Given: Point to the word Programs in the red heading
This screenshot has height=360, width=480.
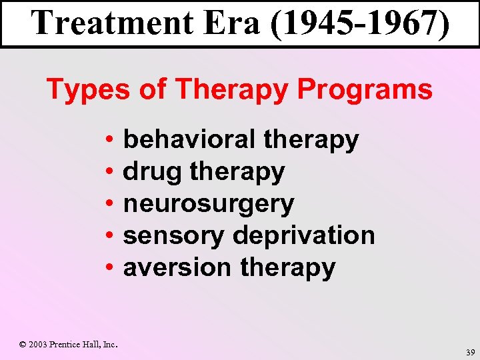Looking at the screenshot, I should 365,89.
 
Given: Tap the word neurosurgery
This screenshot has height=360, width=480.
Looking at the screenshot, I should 209,204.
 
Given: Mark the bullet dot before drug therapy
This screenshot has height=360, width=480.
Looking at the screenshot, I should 108,173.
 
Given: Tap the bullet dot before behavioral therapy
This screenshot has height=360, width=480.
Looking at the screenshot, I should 108,141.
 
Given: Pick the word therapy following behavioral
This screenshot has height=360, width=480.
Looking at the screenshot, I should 311,141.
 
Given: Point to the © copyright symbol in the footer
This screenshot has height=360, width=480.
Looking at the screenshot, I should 23,345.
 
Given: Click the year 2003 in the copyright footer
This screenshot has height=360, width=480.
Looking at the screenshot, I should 38,345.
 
